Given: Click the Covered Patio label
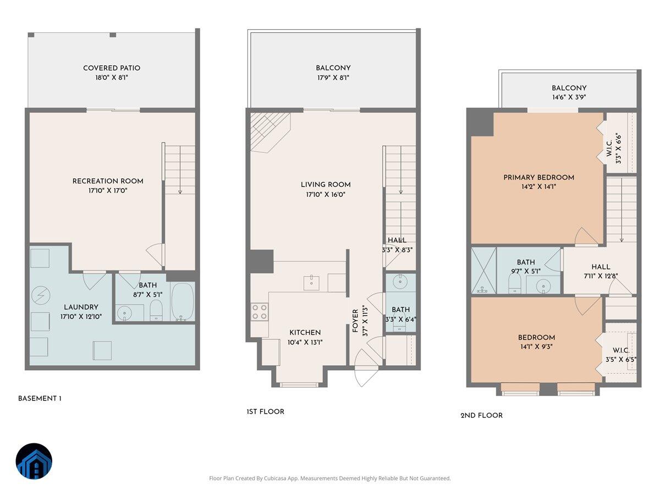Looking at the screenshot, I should (112, 68).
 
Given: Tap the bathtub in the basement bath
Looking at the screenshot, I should (183, 302).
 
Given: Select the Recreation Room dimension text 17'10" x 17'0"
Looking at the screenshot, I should (108, 191).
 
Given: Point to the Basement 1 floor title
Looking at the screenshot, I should (40, 399).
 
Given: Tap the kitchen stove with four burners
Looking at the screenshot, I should (260, 312).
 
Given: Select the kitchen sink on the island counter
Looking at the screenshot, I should (311, 283).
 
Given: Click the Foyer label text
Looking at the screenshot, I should (355, 321).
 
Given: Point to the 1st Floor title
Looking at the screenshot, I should (265, 412).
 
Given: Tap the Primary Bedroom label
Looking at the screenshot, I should (538, 178).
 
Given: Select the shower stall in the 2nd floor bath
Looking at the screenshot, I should (483, 271).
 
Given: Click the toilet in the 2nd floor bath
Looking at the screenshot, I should (515, 284).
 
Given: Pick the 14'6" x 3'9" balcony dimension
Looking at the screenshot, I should (569, 98).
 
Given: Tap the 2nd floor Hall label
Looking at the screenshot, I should (601, 267).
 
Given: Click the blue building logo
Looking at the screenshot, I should (34, 461).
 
